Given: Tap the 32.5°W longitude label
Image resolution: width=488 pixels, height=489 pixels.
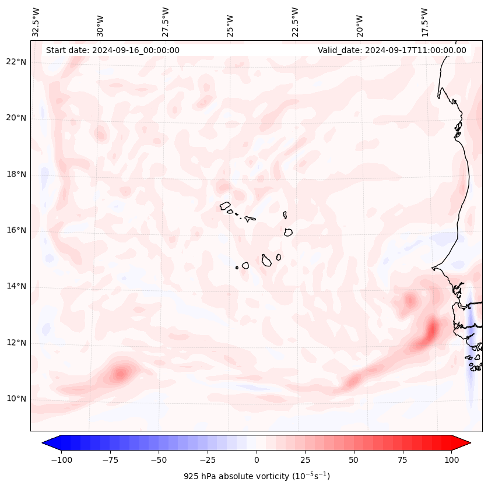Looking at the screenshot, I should [x=36, y=22].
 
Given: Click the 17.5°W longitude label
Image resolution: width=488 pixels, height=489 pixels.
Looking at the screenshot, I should [x=424, y=22].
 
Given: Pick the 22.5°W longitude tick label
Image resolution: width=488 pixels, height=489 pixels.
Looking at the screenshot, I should [x=295, y=22].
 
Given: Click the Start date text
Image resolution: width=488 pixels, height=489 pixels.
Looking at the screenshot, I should [x=113, y=50].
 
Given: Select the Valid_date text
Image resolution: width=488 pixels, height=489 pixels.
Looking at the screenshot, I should [x=392, y=50].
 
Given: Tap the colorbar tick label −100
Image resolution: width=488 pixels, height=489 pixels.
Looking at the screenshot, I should [x=61, y=460].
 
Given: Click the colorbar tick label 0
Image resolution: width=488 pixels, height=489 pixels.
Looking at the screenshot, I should [x=257, y=460].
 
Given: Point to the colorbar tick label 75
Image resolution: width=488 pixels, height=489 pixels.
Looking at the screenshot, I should [x=403, y=460].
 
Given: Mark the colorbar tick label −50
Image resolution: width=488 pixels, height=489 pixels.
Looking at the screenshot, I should [x=159, y=460].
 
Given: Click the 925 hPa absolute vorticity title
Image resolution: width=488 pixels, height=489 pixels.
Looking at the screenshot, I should [x=257, y=476].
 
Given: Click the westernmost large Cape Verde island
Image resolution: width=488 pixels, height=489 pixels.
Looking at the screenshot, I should [x=225, y=205].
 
